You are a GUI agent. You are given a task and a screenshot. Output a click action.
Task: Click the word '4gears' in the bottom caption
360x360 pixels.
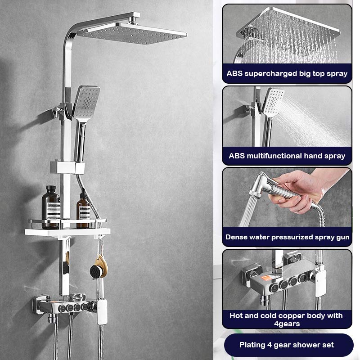[x=287, y=324]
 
